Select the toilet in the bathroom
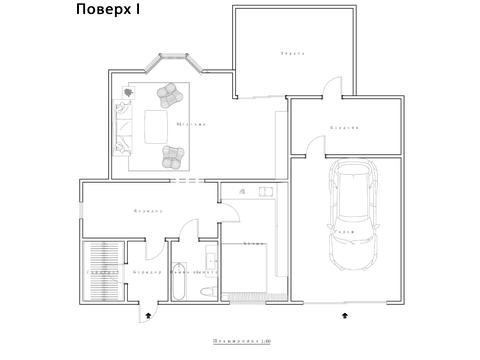click(x=206, y=290)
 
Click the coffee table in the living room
click(x=155, y=125)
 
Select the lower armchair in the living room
click(x=174, y=157)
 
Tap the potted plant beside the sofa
click(x=128, y=93)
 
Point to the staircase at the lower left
click(x=103, y=270)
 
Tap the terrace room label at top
click(x=291, y=52)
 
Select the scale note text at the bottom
click(x=241, y=340)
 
